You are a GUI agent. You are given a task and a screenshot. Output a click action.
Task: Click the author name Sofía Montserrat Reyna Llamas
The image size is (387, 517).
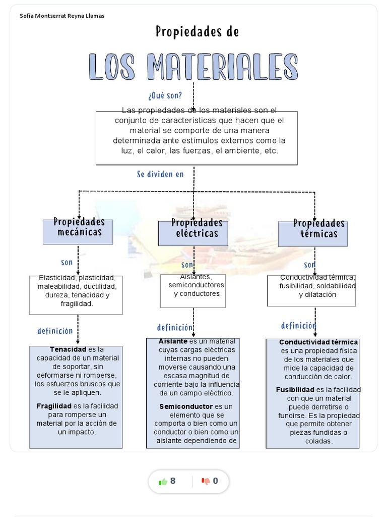[x=62, y=16]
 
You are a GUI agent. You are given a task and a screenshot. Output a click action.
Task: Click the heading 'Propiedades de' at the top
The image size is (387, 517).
[x=197, y=32]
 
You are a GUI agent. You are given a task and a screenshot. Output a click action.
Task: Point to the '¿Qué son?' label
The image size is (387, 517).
[x=165, y=95]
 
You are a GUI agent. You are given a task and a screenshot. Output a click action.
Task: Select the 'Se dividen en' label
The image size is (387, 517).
[x=160, y=174]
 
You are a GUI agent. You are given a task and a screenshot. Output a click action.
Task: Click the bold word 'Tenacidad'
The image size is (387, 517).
[x=68, y=349]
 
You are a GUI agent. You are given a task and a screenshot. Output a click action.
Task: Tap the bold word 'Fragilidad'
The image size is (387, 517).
[x=54, y=406]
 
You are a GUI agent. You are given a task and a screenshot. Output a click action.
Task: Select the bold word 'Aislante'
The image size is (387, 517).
[x=173, y=341]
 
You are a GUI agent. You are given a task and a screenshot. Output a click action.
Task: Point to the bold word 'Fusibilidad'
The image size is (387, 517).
[x=295, y=390]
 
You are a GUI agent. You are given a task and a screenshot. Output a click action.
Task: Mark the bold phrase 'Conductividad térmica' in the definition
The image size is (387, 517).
[x=318, y=342]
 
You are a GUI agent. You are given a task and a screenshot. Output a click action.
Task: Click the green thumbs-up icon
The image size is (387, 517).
[x=163, y=481]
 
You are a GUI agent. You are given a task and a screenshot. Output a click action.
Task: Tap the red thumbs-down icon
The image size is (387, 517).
[x=206, y=481]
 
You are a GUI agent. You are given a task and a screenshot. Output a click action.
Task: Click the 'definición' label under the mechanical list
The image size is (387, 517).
[x=55, y=331]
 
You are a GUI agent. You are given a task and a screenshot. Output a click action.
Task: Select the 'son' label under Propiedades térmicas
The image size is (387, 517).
[x=309, y=265]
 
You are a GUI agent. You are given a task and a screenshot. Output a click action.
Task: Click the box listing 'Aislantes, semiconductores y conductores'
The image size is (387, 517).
[x=193, y=290]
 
